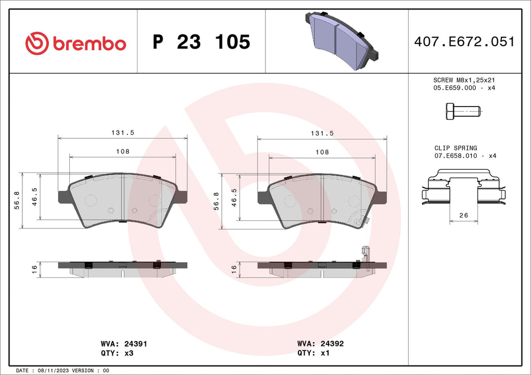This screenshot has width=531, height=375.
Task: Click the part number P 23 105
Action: pyautogui.click(x=201, y=42)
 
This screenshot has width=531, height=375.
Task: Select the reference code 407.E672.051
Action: pyautogui.click(x=463, y=41)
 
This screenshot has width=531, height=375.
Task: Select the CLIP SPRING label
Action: pyautogui.click(x=456, y=148)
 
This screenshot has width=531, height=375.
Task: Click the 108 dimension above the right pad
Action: pyautogui.click(x=321, y=151)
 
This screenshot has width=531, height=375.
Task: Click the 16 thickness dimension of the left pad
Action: pyautogui.click(x=35, y=269)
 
